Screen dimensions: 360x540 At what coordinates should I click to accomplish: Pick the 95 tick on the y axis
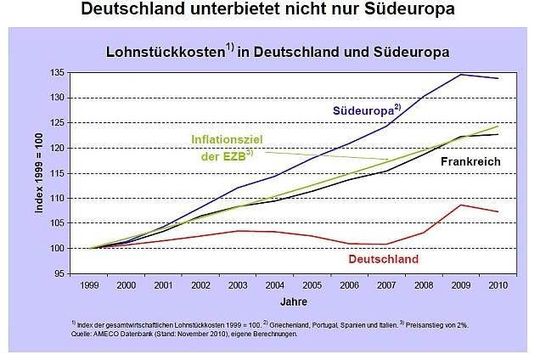click(59, 273)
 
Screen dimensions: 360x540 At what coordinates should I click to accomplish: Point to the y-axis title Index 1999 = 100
click(39, 174)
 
